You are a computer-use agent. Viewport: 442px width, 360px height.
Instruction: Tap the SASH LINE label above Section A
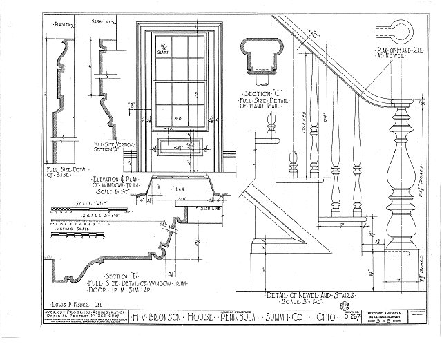pos(104,23)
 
